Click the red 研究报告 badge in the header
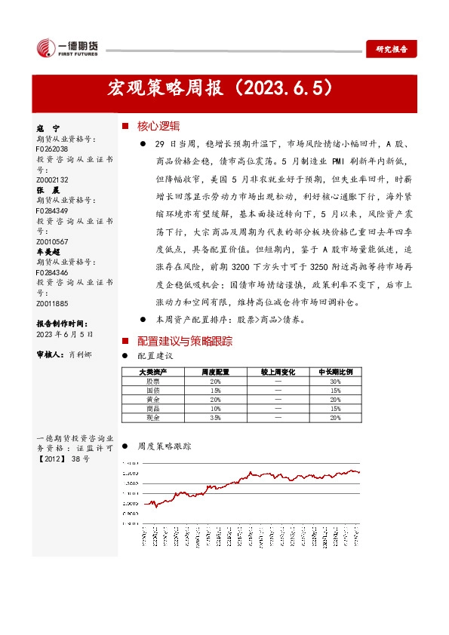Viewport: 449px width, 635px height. [392, 49]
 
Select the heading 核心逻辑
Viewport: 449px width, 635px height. [158, 125]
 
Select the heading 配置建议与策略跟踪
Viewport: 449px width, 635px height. [184, 341]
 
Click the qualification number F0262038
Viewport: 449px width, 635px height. [52, 149]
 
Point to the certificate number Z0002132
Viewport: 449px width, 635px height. [52, 179]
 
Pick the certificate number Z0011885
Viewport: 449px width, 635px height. [52, 303]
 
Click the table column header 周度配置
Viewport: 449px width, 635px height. [215, 373]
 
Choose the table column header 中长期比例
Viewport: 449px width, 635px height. [335, 373]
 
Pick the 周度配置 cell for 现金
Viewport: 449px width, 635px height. [215, 416]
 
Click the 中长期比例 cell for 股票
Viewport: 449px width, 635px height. [335, 382]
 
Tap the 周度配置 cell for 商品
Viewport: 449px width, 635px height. [215, 408]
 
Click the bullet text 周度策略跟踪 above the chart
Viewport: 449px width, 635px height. [164, 446]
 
